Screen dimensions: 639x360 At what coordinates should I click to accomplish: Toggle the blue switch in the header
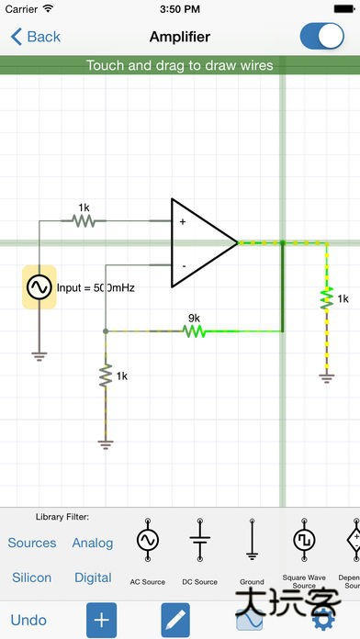[x=321, y=37]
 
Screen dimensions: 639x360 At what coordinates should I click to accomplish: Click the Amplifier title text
[x=180, y=37]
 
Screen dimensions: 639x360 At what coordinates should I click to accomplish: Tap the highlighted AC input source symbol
[x=39, y=287]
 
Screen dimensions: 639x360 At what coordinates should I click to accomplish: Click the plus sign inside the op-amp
[x=182, y=221]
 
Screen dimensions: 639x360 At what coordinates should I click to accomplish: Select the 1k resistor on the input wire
[x=84, y=221]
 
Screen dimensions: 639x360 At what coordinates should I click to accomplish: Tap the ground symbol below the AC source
[x=39, y=354]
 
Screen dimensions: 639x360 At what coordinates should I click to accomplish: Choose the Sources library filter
[x=32, y=543]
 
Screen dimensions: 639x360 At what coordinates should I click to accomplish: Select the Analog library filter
[x=93, y=543]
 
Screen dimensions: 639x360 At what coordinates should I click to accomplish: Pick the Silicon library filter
[x=32, y=577]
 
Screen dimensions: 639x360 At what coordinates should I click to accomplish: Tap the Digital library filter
[x=93, y=577]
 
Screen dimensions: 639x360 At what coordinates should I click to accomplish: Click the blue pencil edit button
[x=175, y=620]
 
